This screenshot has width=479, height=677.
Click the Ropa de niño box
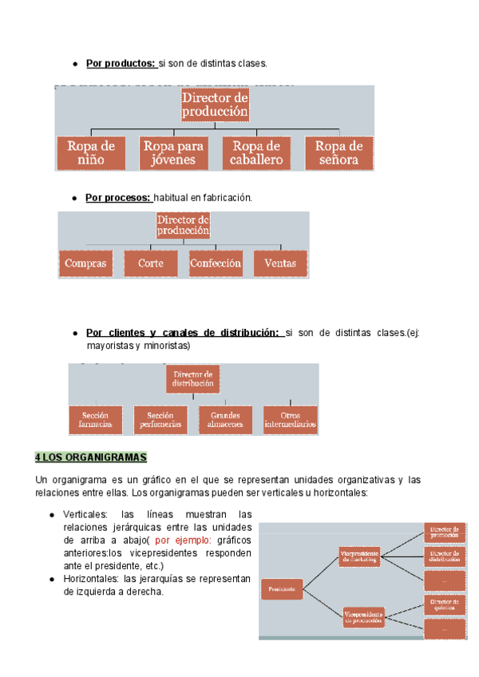click(x=91, y=152)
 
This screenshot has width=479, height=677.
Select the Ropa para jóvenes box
click(x=173, y=152)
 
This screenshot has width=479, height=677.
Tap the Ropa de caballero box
click(x=258, y=152)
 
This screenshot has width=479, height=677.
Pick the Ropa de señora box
click(x=339, y=152)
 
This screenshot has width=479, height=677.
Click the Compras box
click(x=85, y=263)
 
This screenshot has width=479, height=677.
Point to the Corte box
click(x=150, y=263)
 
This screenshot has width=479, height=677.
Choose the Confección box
click(x=216, y=263)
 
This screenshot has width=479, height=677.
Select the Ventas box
click(x=280, y=263)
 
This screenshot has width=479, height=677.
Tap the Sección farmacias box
click(x=95, y=420)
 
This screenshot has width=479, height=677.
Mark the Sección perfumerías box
click(x=160, y=420)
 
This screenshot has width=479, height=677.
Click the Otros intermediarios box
click(x=290, y=420)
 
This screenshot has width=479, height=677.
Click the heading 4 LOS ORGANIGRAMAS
click(x=92, y=457)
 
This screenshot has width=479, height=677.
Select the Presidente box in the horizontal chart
click(x=283, y=589)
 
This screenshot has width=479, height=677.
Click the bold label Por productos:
click(x=121, y=63)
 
